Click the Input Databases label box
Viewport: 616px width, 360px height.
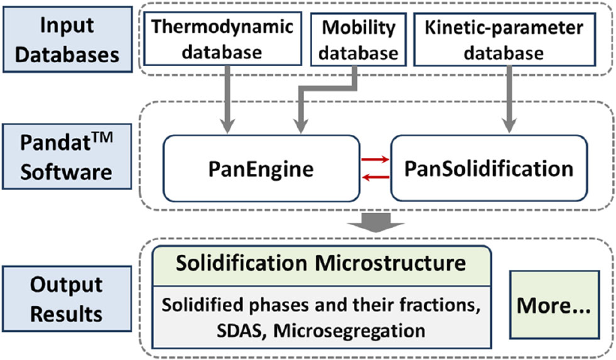(x=68, y=39)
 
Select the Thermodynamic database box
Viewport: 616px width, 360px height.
(x=222, y=38)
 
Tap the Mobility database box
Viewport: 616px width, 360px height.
(x=359, y=39)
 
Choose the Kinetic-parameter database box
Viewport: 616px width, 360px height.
(x=504, y=39)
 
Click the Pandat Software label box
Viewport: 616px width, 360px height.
(x=67, y=157)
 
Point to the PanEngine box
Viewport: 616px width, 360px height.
(x=261, y=169)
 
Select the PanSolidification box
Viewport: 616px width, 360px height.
(x=488, y=169)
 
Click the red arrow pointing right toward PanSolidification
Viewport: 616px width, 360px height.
(x=375, y=160)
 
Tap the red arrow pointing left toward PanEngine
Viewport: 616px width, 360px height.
(x=375, y=178)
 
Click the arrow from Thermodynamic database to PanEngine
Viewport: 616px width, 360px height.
(x=227, y=99)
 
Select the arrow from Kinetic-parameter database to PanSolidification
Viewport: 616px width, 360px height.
(x=509, y=99)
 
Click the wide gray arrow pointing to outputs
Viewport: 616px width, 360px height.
(x=376, y=223)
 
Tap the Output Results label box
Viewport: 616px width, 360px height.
(x=67, y=299)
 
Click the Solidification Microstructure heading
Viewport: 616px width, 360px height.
(x=321, y=263)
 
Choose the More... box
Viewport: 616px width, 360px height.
(x=554, y=304)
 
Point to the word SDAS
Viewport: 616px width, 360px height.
(x=239, y=331)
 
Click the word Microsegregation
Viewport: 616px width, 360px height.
(x=349, y=331)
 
